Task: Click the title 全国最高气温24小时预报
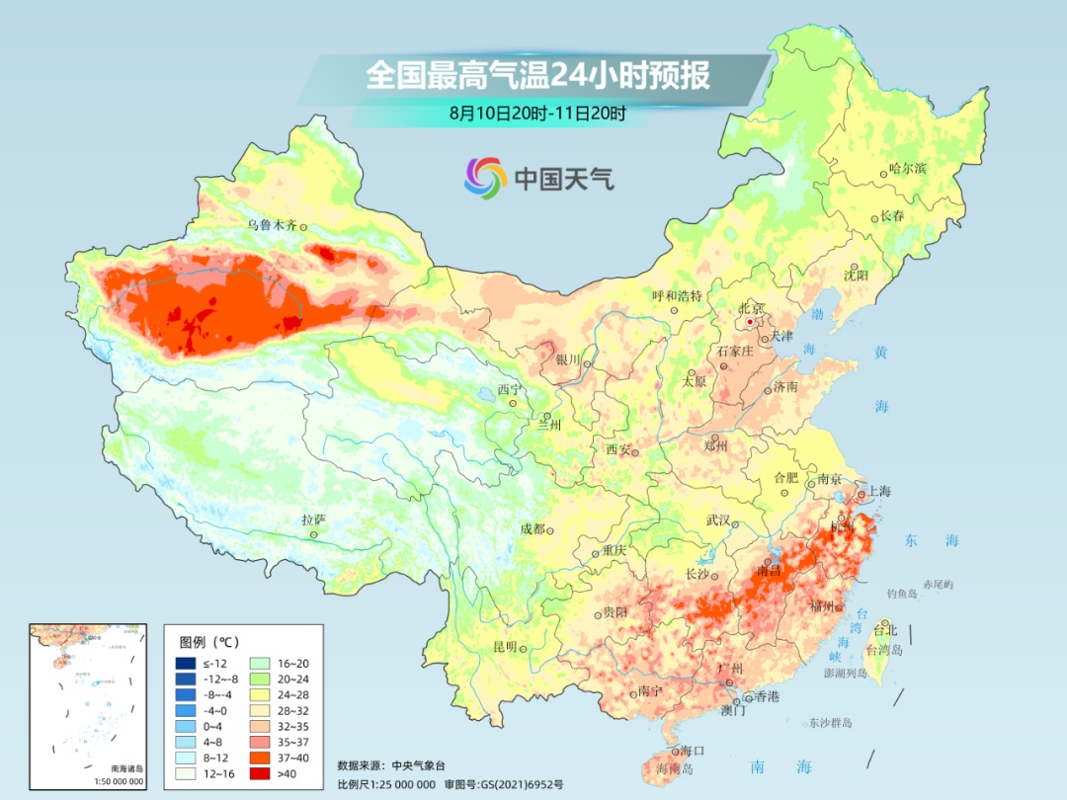click(537, 76)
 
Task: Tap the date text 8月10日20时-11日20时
click(537, 114)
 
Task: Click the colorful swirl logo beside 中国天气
click(485, 178)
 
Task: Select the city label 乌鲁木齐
click(272, 225)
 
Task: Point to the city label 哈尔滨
click(908, 169)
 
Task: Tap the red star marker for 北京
click(751, 322)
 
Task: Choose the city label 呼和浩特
click(677, 296)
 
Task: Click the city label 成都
click(532, 529)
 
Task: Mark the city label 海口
click(693, 752)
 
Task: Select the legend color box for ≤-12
click(186, 663)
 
